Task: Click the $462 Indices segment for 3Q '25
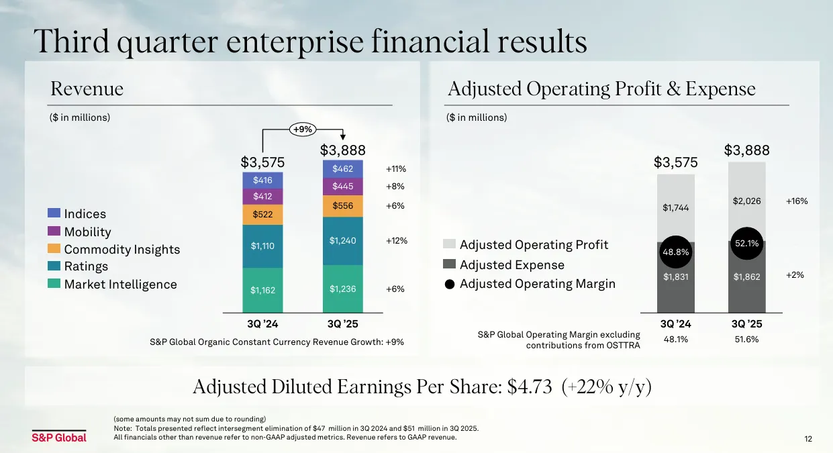pos(342,169)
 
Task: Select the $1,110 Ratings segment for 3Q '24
pos(262,246)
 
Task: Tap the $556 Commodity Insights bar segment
pos(342,206)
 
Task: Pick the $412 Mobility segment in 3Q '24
pos(262,197)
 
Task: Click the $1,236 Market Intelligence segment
pos(342,289)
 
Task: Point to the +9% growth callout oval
pos(303,130)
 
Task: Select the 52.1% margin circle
pos(747,244)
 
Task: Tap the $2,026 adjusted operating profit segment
pos(747,201)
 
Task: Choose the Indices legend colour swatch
pos(54,213)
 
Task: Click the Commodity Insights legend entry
pos(121,249)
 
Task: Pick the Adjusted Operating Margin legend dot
pos(450,285)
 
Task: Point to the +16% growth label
pos(797,201)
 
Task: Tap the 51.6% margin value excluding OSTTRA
pos(746,340)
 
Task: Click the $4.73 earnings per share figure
pos(529,387)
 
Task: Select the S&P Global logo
pos(59,437)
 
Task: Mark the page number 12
pos(807,439)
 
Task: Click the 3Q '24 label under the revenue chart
pos(262,324)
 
